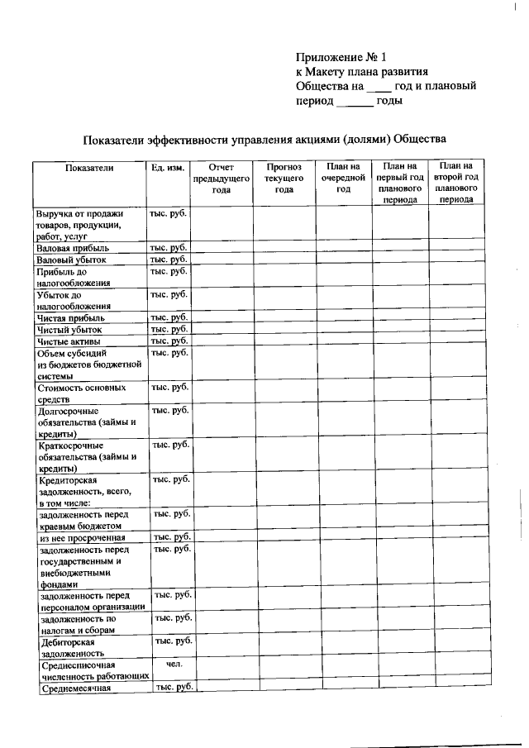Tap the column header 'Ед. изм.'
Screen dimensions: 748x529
[167, 167]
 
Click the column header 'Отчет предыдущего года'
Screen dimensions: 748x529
[221, 178]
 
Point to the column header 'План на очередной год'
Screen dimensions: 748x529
[343, 178]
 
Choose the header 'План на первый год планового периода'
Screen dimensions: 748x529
[400, 183]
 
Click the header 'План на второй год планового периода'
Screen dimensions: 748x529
[456, 183]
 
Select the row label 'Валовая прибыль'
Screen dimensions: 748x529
[71, 247]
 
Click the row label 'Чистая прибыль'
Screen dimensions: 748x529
[70, 317]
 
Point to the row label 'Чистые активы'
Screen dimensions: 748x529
[70, 341]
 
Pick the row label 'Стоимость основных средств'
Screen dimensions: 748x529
[81, 393]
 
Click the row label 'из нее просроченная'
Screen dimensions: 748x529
[82, 537]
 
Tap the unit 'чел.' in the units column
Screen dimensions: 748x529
[174, 664]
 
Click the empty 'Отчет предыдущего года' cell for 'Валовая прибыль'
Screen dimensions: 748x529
[221, 246]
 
